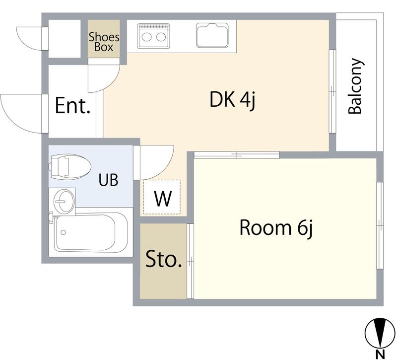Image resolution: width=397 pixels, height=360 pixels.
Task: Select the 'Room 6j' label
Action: click(x=276, y=228)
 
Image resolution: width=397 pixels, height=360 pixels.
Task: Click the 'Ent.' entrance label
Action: click(x=72, y=105)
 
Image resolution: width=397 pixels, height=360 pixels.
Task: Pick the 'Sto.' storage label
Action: click(x=164, y=259)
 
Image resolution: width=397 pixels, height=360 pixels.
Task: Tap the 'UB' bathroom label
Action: click(x=108, y=180)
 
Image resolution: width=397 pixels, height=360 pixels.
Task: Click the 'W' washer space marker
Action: click(x=163, y=198)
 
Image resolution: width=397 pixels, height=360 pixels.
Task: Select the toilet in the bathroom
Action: click(x=69, y=167)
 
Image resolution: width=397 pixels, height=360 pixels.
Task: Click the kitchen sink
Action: click(x=212, y=35)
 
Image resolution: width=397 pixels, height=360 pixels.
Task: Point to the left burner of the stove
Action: click(x=146, y=37)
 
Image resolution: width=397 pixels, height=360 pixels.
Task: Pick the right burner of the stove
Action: click(x=161, y=37)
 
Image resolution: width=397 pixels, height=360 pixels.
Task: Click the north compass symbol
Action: click(x=380, y=333)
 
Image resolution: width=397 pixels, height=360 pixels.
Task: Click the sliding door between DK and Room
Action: click(x=237, y=155)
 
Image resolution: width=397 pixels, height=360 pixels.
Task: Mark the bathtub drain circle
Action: click(x=64, y=232)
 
